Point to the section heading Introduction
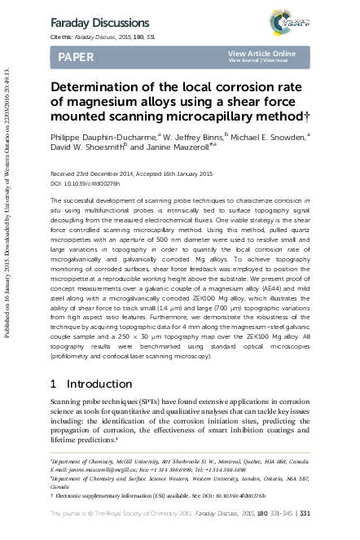[x=97, y=383]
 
